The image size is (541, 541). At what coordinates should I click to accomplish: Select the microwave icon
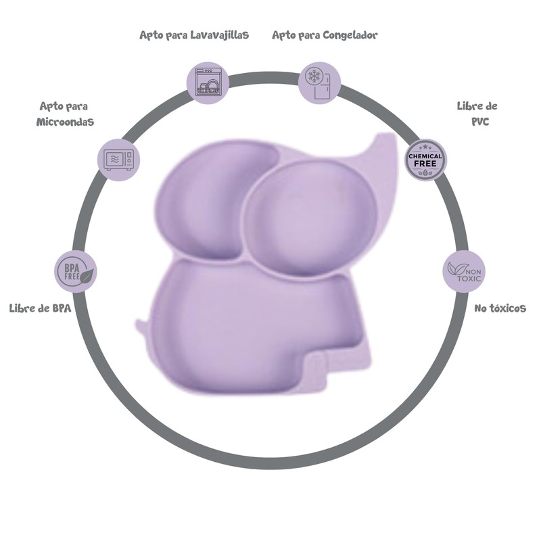tap(120, 159)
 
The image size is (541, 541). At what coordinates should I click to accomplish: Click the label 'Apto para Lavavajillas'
tap(194, 34)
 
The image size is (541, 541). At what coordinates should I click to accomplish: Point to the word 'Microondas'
tap(65, 122)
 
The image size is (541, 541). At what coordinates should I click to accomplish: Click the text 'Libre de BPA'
tap(40, 308)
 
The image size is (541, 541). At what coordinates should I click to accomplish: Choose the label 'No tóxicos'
tap(500, 308)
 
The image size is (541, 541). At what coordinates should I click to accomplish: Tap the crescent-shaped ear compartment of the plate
tap(203, 203)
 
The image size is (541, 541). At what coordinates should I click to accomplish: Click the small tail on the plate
tap(141, 323)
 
